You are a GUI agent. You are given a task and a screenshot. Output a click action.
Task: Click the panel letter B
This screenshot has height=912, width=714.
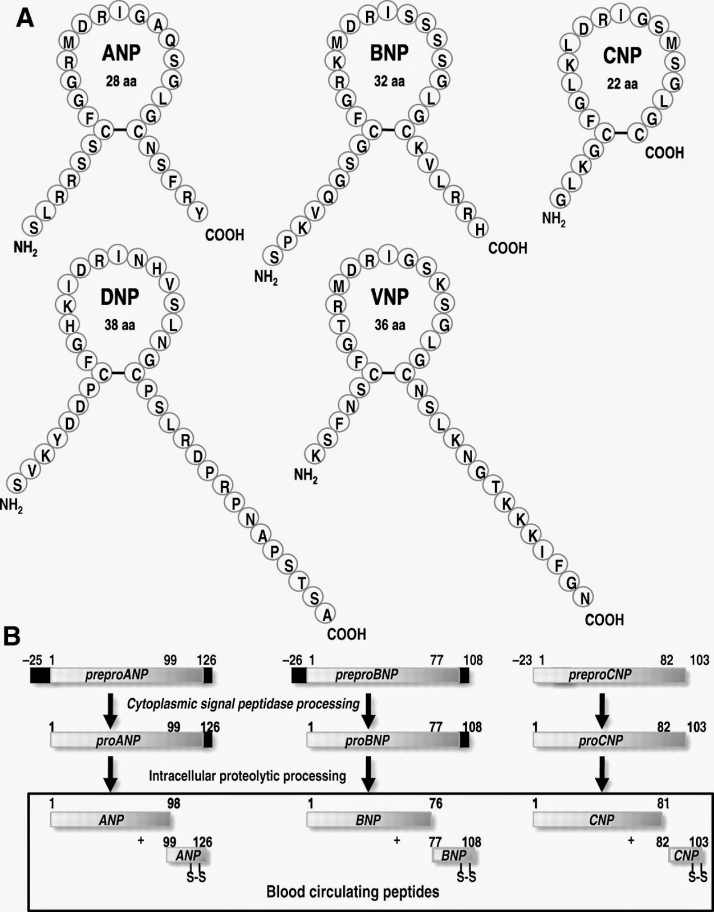[x=13, y=636]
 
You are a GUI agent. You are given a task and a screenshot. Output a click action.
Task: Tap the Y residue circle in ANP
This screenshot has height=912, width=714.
[x=199, y=213]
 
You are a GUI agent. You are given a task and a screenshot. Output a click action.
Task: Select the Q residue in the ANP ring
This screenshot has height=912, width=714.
[x=171, y=39]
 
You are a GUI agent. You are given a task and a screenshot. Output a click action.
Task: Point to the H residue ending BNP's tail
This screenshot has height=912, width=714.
[x=481, y=229]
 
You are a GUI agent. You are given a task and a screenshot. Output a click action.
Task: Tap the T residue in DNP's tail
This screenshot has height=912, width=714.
[x=302, y=582]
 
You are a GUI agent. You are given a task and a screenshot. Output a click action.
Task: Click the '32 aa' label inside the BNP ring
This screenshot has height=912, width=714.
[x=390, y=82]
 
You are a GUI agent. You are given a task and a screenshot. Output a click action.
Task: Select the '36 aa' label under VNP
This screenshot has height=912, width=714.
[x=390, y=325]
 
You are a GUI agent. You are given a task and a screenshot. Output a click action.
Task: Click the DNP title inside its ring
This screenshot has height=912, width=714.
[x=120, y=297]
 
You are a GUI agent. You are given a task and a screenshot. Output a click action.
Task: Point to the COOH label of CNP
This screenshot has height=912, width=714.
[x=664, y=153]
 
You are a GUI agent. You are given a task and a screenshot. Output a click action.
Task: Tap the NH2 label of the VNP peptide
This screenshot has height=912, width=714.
[x=306, y=475]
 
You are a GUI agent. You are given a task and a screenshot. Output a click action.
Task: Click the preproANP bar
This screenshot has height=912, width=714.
[x=121, y=675]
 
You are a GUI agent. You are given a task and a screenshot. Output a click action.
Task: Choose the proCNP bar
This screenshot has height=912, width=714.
[x=609, y=740]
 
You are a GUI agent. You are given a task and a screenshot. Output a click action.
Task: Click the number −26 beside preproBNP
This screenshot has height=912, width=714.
[x=292, y=660]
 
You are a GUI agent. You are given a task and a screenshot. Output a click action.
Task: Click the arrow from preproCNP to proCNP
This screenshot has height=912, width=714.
[x=602, y=709]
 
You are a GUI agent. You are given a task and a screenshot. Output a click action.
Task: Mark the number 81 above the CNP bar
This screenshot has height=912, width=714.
[x=664, y=803]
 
